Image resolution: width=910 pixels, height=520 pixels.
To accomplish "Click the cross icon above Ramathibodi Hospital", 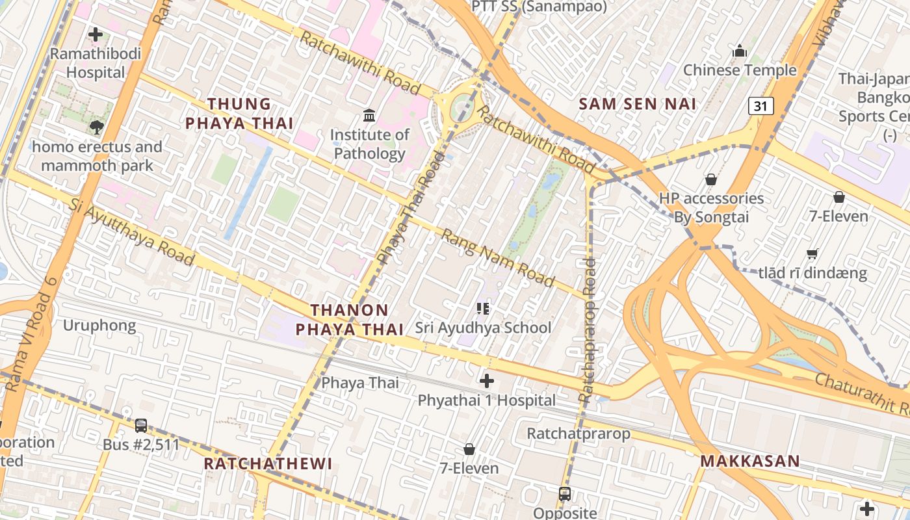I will point(96,34).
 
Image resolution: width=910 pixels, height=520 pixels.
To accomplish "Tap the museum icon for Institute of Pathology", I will point(369,116).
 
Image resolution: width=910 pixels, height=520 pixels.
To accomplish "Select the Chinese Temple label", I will point(739,70).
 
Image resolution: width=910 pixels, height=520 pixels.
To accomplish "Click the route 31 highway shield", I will point(760,105).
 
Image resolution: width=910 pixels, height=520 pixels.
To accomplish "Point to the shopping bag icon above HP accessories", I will point(711,179).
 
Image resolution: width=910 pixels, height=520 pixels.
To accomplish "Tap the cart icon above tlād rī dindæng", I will point(812,253).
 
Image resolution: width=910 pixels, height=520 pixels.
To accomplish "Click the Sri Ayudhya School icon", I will point(482,308).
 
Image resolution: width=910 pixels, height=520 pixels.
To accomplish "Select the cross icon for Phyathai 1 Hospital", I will point(486,381).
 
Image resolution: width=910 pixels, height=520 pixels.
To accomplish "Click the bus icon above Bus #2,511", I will point(141,426).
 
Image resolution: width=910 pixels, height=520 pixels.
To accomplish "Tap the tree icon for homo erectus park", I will point(97,127).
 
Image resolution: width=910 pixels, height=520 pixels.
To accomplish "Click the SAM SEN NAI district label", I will point(637,104).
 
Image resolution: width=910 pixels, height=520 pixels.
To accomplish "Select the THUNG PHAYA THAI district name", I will point(239,113).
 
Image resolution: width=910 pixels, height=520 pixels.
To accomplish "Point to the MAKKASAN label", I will point(749,461).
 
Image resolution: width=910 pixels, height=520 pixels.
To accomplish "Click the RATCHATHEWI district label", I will point(268,463).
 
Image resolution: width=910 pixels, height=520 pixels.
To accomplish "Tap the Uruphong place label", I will point(99,325).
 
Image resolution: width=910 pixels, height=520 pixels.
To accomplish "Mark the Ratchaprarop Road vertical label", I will point(586,330).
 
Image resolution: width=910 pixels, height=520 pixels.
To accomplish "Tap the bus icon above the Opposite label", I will point(565,494).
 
